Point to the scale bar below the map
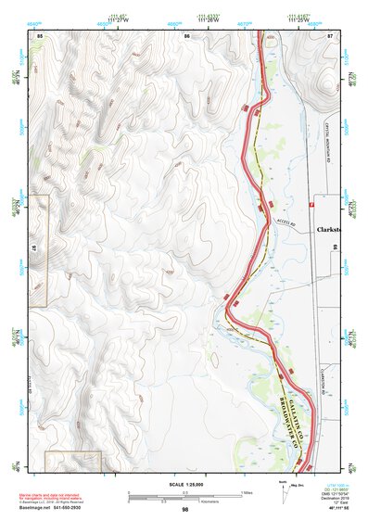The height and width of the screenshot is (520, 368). tap(184, 495)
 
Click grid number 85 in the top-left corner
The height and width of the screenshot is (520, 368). tap(40, 34)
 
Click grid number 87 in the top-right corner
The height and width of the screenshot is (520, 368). tap(331, 34)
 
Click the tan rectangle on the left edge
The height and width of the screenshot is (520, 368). tap(37, 249)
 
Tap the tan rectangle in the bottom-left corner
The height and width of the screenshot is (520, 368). tap(73, 463)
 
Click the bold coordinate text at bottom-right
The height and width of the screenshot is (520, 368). tap(329, 509)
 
